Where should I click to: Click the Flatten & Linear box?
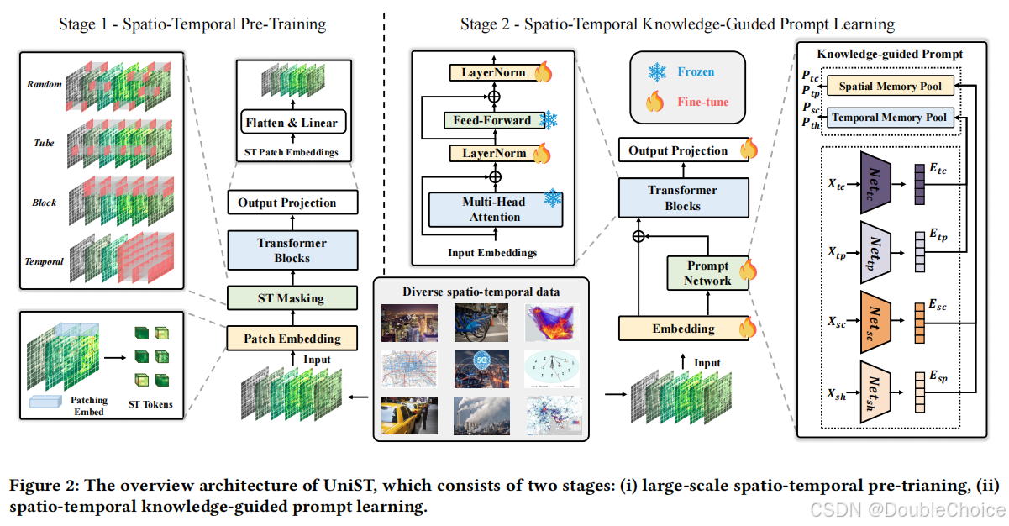[x=292, y=123]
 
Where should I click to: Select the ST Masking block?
[x=291, y=298]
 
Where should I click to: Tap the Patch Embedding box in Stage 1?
[x=292, y=339]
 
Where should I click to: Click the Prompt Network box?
[x=707, y=273]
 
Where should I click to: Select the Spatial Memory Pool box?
[x=890, y=87]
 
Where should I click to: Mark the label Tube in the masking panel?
[x=44, y=144]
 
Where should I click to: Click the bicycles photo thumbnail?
[x=481, y=323]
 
